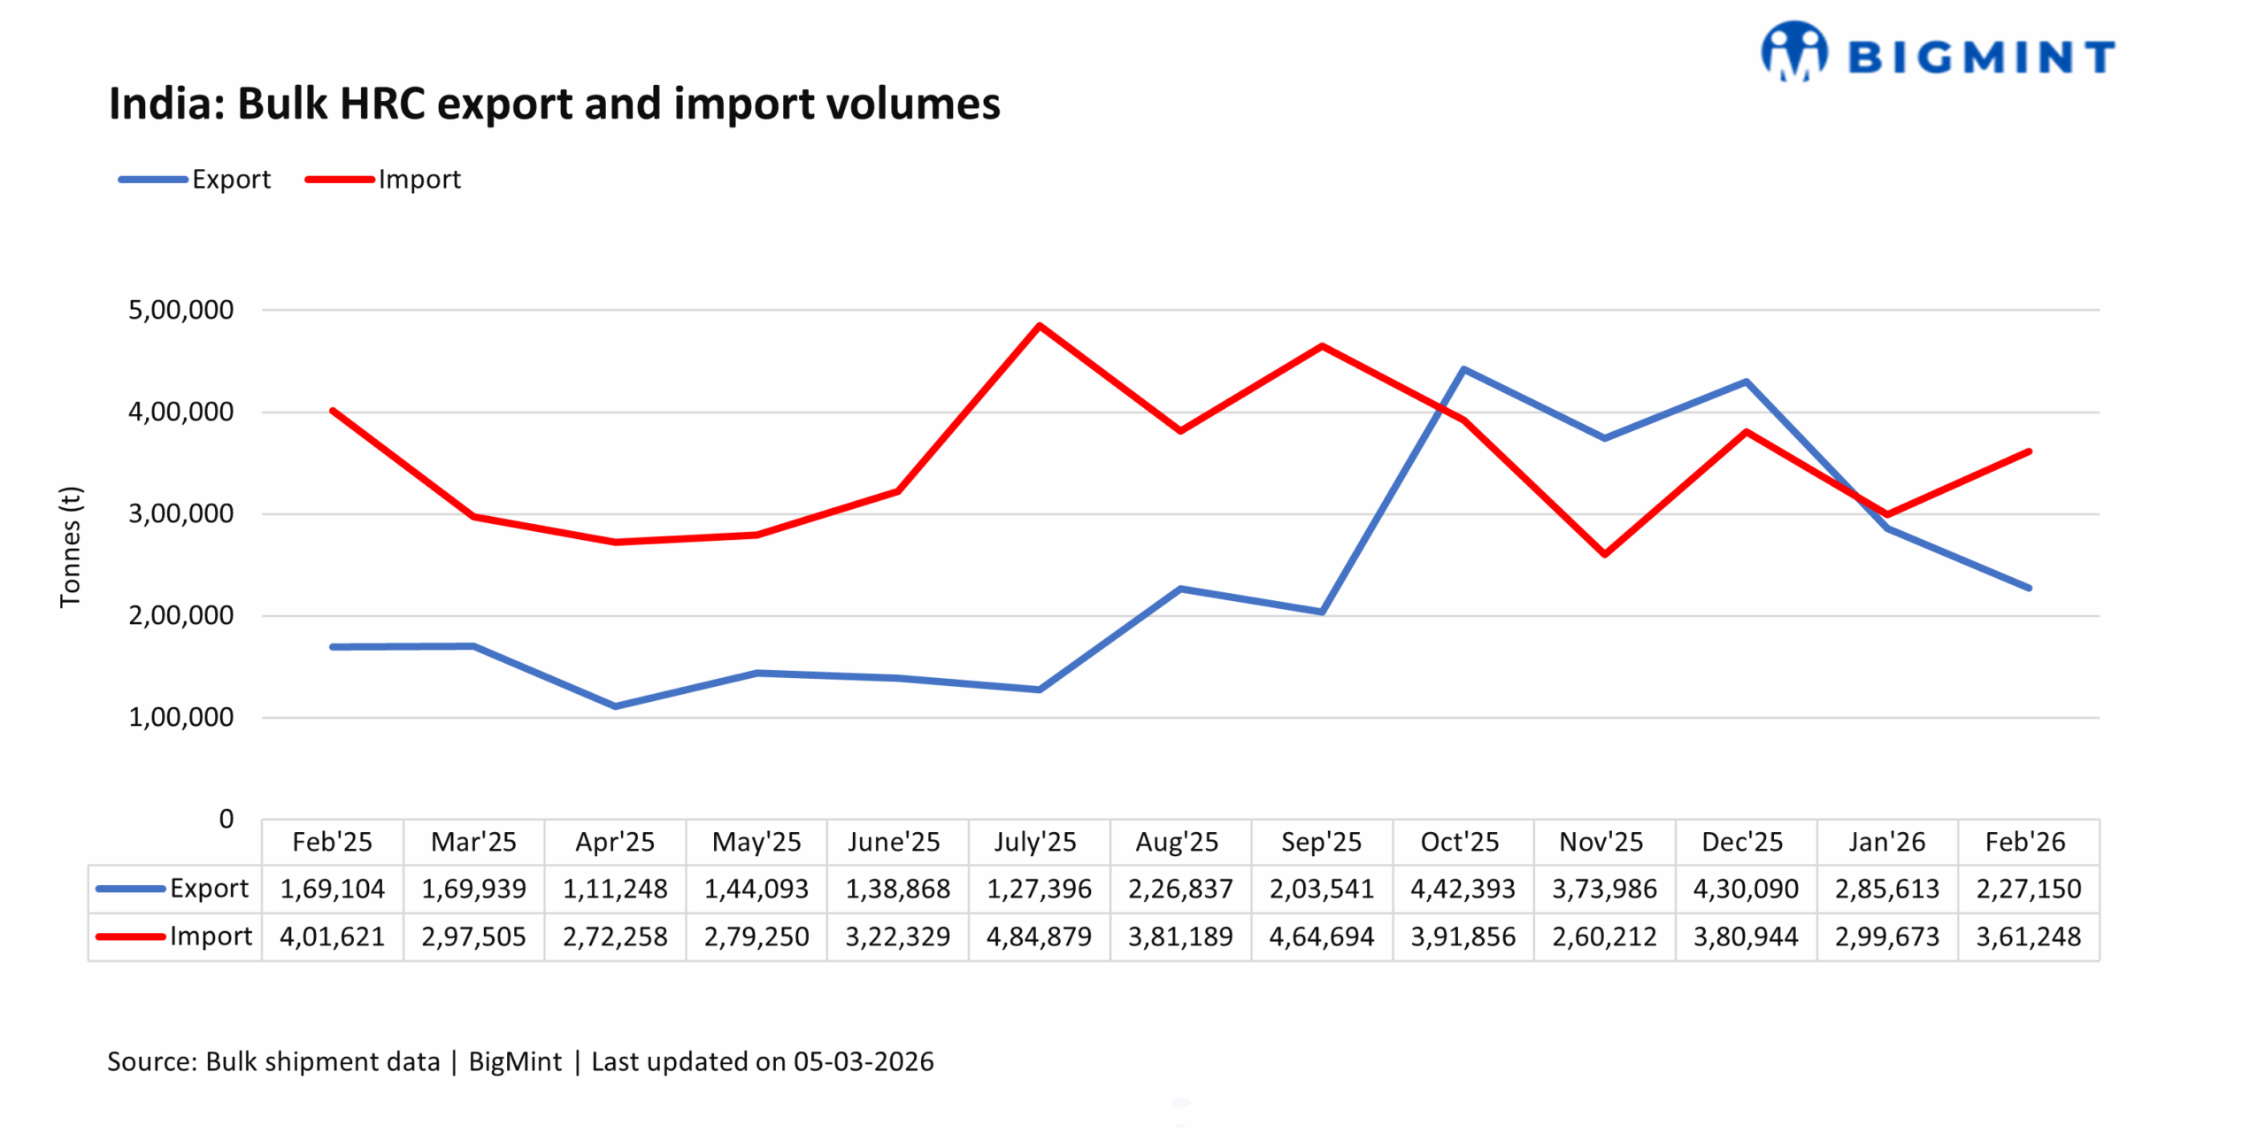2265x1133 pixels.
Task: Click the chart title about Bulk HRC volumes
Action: click(554, 104)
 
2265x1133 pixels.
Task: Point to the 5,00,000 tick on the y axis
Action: click(180, 310)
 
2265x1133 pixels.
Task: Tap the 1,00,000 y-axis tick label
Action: click(180, 717)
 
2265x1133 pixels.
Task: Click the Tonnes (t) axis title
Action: click(70, 547)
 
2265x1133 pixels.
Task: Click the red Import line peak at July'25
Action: click(1039, 326)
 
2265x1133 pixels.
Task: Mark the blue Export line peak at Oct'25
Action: click(1463, 369)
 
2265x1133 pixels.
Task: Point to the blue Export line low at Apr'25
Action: click(615, 705)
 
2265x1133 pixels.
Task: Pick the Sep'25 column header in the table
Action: click(1321, 842)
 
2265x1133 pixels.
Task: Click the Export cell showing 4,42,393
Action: click(1463, 889)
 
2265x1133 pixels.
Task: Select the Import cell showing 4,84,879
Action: click(1039, 936)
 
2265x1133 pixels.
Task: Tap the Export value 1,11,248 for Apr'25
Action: click(615, 889)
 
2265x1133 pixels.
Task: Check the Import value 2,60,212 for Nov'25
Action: click(1604, 936)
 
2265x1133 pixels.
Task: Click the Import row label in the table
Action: click(210, 936)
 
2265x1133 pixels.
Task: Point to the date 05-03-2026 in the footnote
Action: click(863, 1061)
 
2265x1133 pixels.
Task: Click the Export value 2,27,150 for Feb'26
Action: click(2028, 889)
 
